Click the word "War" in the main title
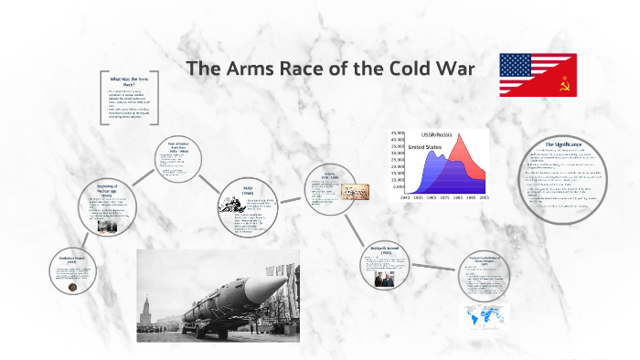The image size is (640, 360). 453,69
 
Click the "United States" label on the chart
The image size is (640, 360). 427,146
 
